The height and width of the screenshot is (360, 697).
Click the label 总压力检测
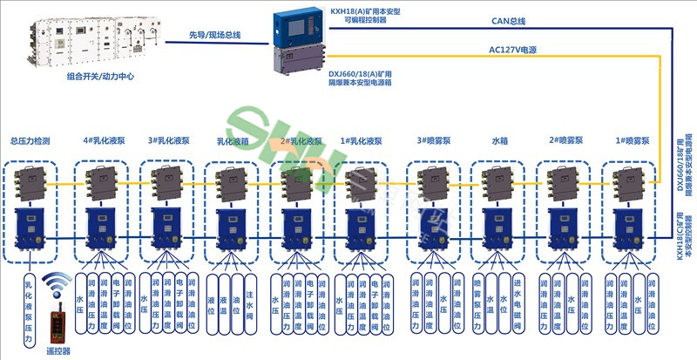(x=36, y=140)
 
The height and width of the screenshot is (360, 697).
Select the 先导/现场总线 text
(x=214, y=35)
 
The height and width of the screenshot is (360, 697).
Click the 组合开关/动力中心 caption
(x=96, y=77)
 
